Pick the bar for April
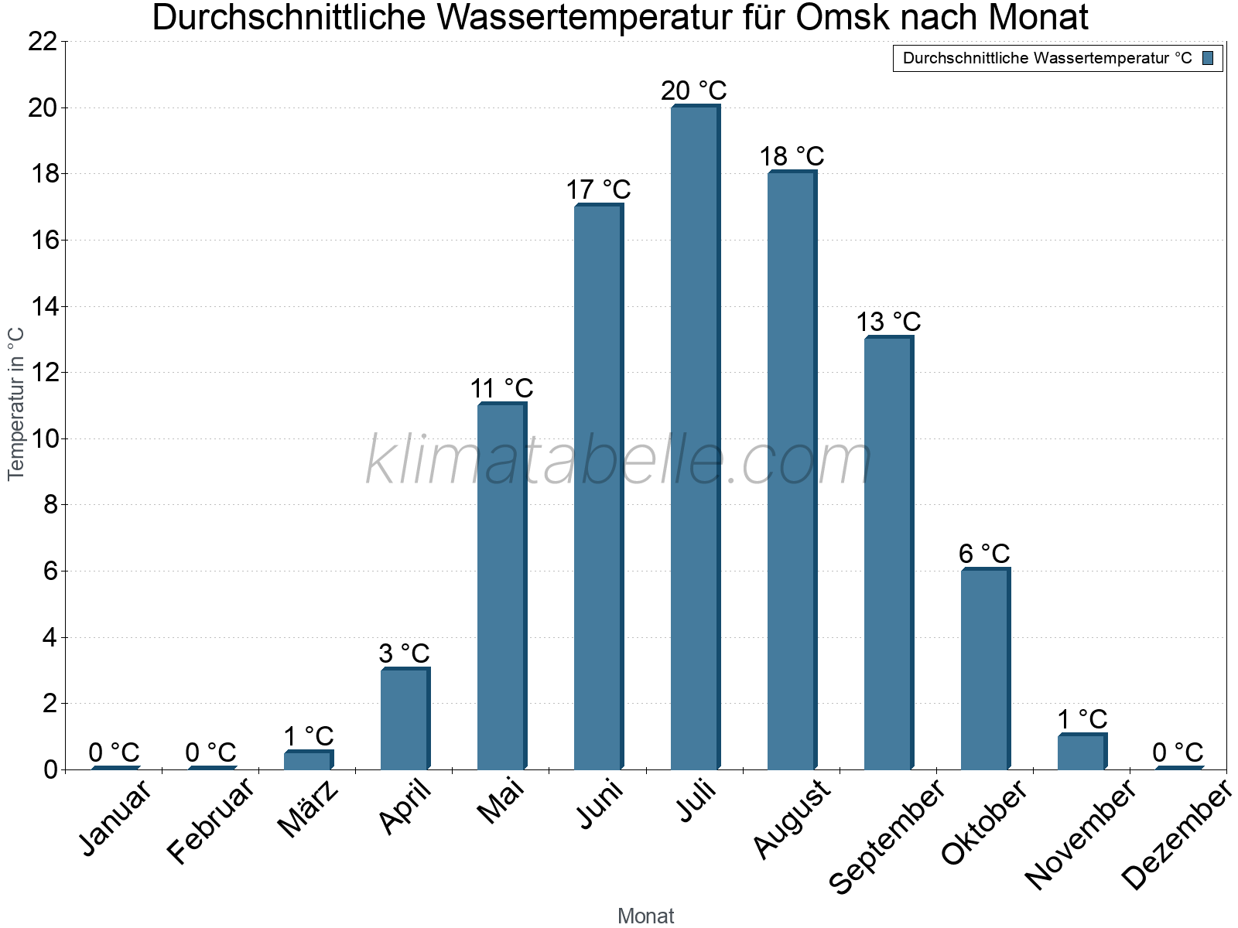point(405,718)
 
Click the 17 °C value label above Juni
point(598,189)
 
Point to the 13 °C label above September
point(888,322)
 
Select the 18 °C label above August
point(792,156)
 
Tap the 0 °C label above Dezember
point(1178,752)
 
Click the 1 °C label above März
point(308,735)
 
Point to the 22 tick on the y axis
point(43,42)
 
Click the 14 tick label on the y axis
point(43,307)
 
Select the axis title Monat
point(645,916)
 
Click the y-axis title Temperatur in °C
point(16,404)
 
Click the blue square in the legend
point(1208,58)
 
